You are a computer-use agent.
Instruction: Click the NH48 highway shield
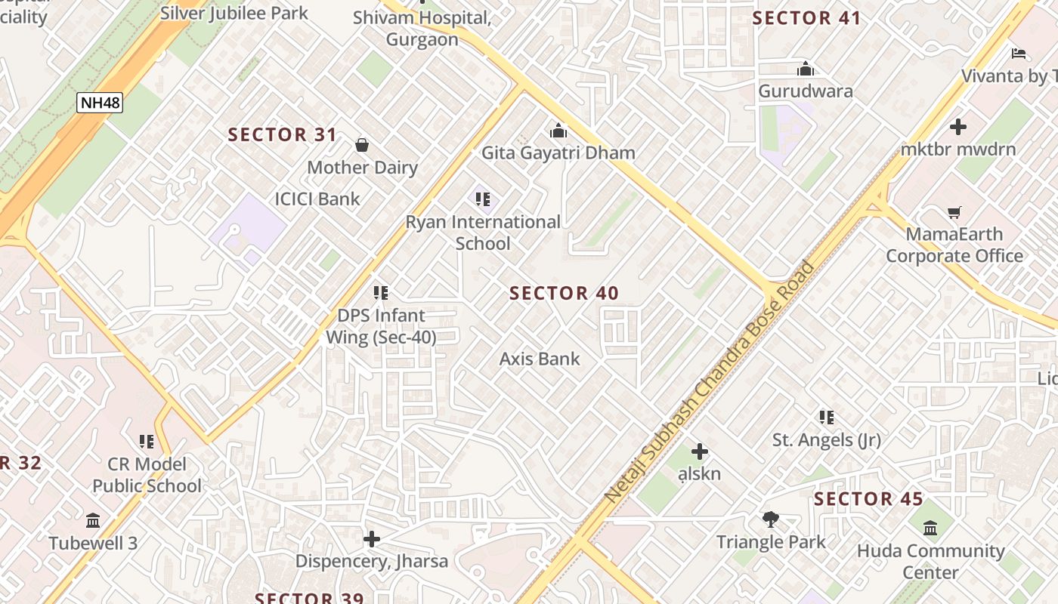tap(99, 103)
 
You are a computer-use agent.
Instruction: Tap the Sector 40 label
tap(564, 294)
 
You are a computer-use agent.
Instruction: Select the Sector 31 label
tap(283, 135)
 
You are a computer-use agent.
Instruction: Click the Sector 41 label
tap(806, 19)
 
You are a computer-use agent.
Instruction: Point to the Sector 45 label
tap(868, 499)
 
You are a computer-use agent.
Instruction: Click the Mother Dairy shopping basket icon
tap(362, 145)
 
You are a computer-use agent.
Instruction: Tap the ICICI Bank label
tap(317, 199)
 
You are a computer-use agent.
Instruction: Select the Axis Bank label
tap(540, 359)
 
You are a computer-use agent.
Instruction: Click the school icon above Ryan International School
tap(483, 199)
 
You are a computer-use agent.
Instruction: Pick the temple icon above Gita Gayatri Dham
tap(558, 131)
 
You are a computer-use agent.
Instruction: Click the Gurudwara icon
tap(806, 69)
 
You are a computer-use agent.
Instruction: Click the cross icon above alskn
tap(700, 451)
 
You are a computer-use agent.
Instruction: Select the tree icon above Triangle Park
tap(771, 519)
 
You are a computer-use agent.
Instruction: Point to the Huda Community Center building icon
tap(930, 528)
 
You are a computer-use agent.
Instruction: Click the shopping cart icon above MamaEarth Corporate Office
tap(954, 213)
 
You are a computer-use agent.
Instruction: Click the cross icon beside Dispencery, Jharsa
tap(371, 539)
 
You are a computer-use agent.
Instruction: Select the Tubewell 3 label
tap(94, 544)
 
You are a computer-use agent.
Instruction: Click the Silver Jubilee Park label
tap(234, 13)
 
